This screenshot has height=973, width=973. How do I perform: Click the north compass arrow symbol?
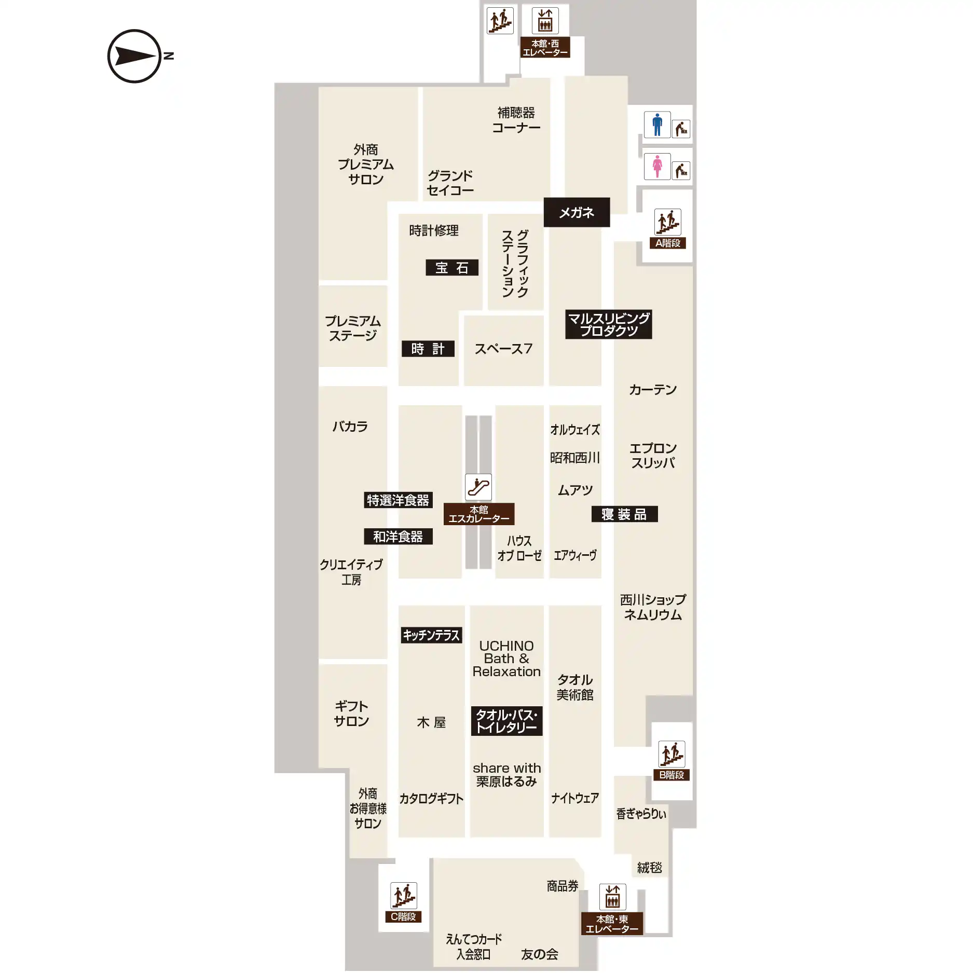pos(134,56)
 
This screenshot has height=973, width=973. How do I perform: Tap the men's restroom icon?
pos(657,125)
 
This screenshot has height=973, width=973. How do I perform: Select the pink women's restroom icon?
pos(657,167)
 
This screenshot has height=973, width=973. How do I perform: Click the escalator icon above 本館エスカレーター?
pos(478,487)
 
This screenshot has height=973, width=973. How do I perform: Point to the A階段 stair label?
pos(667,243)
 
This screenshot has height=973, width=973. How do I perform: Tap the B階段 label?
pos(671,775)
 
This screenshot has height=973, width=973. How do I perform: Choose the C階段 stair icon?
pos(404,895)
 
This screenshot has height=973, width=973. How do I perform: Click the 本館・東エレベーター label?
pos(612,924)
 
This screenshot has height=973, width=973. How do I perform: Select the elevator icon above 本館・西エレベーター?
pos(545,21)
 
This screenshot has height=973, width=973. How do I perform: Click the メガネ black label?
pos(577,212)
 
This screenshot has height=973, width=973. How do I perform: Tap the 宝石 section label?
pos(452,268)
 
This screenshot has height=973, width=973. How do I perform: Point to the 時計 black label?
pos(428,349)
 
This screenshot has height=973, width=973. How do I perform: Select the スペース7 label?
pos(503,349)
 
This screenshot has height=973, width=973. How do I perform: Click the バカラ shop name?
pos(350,427)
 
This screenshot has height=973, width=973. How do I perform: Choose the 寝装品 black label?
pos(625,514)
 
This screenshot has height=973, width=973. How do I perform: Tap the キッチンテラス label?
pos(431,635)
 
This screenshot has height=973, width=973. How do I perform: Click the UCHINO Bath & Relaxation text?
pos(506,659)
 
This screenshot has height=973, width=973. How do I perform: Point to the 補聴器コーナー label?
pos(516,120)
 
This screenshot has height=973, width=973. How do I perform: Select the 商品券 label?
pos(563,886)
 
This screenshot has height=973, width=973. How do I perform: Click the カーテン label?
pos(653,390)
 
